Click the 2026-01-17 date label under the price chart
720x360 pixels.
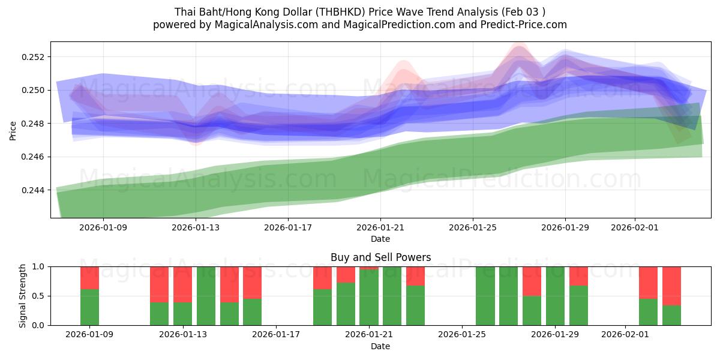[x=288, y=227]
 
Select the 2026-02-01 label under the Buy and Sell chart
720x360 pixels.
[x=625, y=334]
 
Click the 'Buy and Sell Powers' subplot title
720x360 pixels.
[x=380, y=257]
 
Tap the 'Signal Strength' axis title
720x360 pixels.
[x=22, y=296]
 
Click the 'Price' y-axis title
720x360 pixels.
[x=13, y=130]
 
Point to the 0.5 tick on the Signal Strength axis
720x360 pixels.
[x=38, y=296]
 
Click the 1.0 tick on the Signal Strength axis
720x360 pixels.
[x=38, y=266]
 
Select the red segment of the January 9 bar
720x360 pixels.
[x=89, y=277]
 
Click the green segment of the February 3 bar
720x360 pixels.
[x=671, y=315]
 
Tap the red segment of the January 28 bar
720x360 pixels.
[x=532, y=281]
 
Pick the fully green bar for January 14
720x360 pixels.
[x=206, y=296]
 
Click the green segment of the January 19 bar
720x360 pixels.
[x=322, y=307]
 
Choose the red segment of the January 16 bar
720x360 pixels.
[x=252, y=282]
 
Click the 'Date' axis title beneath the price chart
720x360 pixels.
[x=380, y=239]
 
